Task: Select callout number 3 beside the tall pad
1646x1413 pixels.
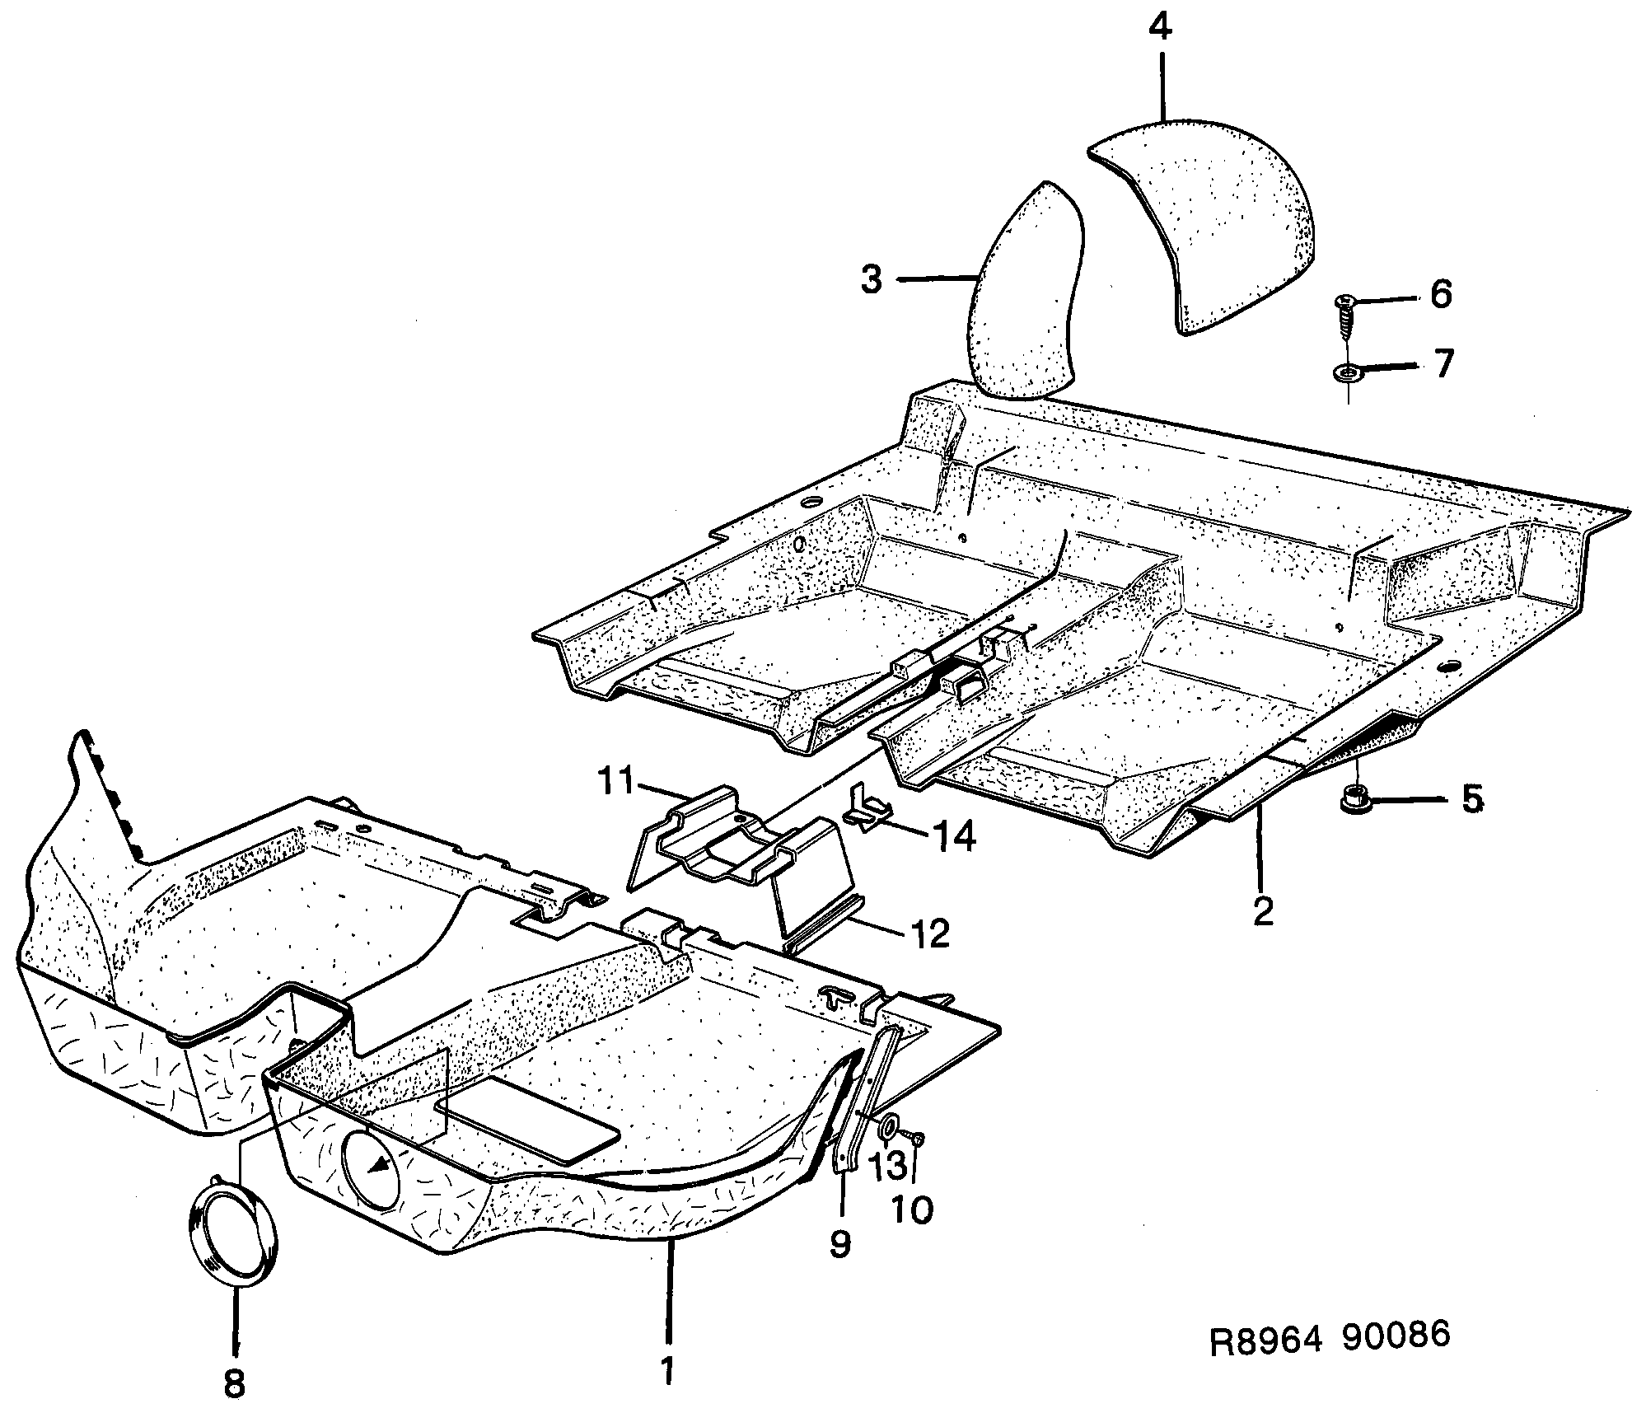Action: tap(872, 280)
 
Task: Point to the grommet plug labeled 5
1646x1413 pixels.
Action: tap(1354, 798)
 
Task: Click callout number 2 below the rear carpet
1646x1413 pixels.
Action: tap(1262, 911)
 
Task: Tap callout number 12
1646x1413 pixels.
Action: tap(931, 934)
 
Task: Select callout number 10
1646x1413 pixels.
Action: tap(911, 1209)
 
